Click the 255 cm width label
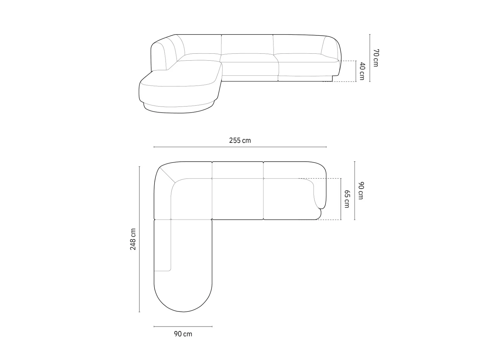pyautogui.click(x=240, y=140)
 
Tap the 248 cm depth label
pyautogui.click(x=133, y=239)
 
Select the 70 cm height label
pyautogui.click(x=376, y=58)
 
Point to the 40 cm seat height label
pyautogui.click(x=362, y=71)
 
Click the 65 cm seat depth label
pyautogui.click(x=347, y=199)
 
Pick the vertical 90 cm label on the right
pyautogui.click(x=361, y=190)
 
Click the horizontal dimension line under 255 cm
pyautogui.click(x=240, y=147)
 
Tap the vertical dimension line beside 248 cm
pyautogui.click(x=139, y=239)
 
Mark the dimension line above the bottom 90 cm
pyautogui.click(x=183, y=327)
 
